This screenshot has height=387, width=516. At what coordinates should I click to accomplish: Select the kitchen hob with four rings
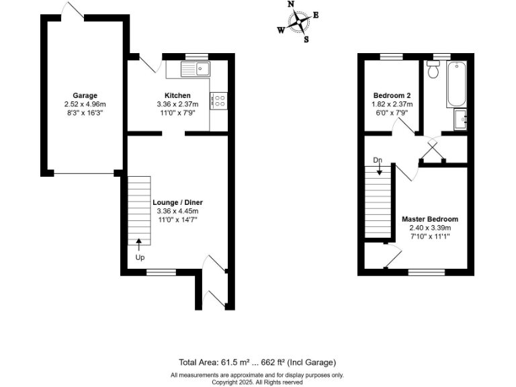click(218, 101)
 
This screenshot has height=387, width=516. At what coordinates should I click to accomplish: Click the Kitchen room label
click(177, 95)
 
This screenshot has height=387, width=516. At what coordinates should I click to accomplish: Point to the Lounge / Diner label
click(177, 202)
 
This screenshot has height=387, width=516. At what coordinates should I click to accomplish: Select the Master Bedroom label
click(430, 219)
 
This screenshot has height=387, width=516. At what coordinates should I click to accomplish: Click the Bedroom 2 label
click(392, 95)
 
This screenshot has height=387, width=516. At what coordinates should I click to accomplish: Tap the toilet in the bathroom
click(433, 69)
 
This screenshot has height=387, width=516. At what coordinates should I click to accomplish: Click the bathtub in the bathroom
click(456, 84)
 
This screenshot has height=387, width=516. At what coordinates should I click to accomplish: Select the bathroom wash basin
click(461, 120)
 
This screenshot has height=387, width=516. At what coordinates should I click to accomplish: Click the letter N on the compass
click(291, 4)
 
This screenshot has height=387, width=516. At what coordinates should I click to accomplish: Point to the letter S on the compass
click(306, 39)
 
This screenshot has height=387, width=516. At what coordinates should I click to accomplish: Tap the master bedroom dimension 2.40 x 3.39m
click(430, 228)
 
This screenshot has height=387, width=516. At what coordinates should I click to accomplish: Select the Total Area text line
click(257, 362)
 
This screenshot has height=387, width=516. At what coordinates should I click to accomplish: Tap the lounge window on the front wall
click(159, 272)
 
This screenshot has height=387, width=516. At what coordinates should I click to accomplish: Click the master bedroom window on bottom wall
click(422, 272)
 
